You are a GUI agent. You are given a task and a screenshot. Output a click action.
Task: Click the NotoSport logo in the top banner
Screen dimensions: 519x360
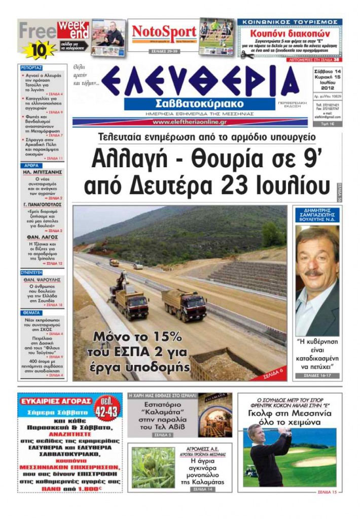163,31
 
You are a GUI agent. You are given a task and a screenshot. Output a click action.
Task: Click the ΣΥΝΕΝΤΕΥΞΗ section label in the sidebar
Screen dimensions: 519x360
34,272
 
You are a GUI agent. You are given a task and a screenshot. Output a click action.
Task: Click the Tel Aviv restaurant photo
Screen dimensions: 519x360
215,415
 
